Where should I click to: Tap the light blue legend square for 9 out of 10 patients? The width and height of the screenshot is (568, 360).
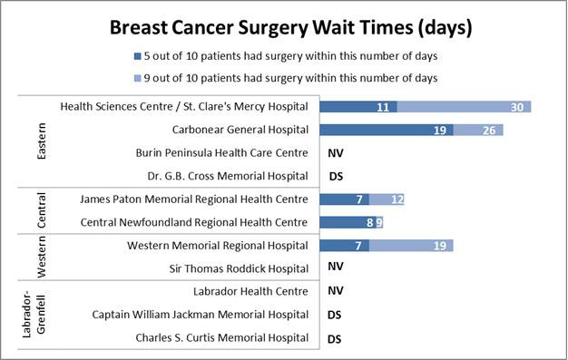click(136, 78)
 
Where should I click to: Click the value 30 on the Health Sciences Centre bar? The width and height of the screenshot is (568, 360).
click(517, 107)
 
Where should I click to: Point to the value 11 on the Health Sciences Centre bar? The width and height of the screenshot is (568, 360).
click(382, 107)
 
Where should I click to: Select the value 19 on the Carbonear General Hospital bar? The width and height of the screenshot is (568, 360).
click(438, 130)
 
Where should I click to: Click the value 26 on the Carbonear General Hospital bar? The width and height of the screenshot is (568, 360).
click(488, 130)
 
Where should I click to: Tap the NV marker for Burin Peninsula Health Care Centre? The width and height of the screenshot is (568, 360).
click(335, 153)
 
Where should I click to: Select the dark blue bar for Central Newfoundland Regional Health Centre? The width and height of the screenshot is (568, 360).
click(345, 222)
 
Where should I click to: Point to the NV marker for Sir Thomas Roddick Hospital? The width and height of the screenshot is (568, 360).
click(335, 268)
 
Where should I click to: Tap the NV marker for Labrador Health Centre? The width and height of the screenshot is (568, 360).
click(335, 292)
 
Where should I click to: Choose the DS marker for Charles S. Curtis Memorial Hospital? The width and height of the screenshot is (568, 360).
click(335, 338)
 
